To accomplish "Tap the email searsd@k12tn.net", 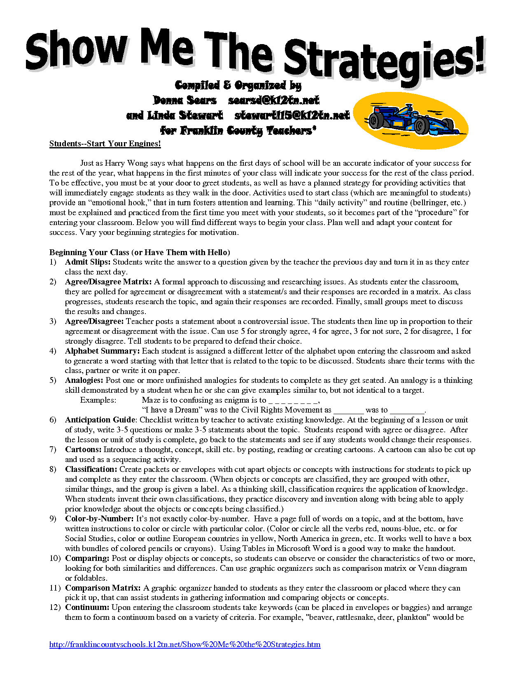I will coord(273,100).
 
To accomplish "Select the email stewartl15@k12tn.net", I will coord(292,115).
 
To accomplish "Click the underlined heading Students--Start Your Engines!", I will coord(105,144).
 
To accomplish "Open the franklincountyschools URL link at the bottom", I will coord(185,645).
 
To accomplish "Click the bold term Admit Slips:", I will coord(88,262).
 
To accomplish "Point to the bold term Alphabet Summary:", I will coord(103,351).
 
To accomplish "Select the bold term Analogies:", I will coord(84,380).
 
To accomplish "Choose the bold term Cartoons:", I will coord(83,450).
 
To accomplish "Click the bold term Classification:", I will coord(91,469).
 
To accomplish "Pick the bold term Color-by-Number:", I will coord(99,519).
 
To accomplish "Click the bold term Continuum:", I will coord(87,607).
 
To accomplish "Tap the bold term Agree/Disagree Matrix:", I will coord(108,282).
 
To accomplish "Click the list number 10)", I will coord(55,558).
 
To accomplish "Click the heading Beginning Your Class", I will coord(89,252).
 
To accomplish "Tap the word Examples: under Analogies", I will coord(98,400).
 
